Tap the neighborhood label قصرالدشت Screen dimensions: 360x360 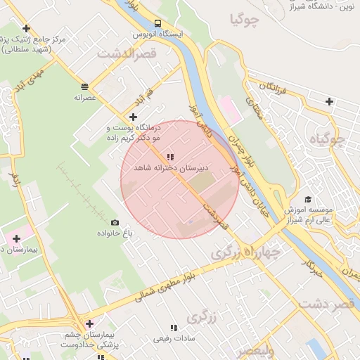pyautogui.click(x=128, y=53)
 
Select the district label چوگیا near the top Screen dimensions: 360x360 pyautogui.click(x=244, y=20)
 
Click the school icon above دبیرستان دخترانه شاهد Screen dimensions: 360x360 pyautogui.click(x=169, y=157)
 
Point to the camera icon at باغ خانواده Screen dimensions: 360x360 pyautogui.click(x=115, y=222)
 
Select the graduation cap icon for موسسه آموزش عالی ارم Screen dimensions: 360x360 pyautogui.click(x=307, y=199)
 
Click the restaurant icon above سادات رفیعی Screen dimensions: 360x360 pyautogui.click(x=174, y=328)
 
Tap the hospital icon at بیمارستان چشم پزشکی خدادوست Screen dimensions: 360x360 pyautogui.click(x=89, y=323)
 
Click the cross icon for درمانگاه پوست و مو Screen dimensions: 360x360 pyautogui.click(x=133, y=116)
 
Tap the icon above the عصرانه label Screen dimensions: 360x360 pyautogui.click(x=84, y=86)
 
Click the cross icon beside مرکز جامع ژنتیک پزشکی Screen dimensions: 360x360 pyautogui.click(x=26, y=29)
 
